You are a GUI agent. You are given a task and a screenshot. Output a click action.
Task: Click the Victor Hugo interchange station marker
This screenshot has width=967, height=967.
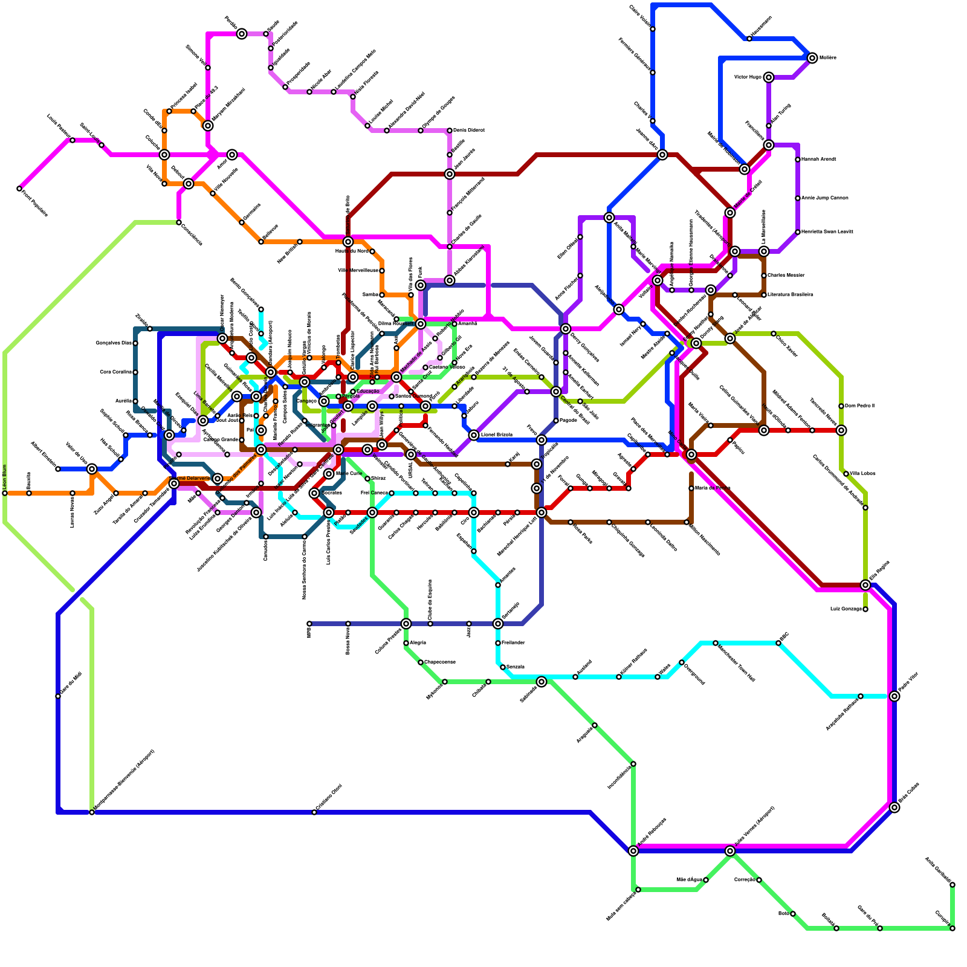tap(768, 77)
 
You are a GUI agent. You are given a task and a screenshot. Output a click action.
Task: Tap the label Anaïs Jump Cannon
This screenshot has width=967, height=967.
tap(825, 198)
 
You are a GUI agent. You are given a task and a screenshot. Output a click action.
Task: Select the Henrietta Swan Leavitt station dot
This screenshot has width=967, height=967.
tap(798, 232)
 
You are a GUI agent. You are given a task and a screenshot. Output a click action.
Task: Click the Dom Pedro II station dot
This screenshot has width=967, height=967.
tap(841, 406)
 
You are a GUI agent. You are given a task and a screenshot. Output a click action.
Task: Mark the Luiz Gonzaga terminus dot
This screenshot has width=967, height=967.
tap(865, 609)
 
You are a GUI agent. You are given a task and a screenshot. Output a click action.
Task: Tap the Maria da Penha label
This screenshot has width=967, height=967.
tap(713, 488)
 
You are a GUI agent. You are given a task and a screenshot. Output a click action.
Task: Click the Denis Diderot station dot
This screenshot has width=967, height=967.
tap(450, 131)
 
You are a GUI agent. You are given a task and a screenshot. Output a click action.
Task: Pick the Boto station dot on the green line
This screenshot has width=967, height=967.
tap(793, 914)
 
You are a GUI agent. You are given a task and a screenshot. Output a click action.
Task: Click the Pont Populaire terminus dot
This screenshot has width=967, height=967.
tap(19, 189)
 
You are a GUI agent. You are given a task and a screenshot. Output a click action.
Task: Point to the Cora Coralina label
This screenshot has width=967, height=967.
tap(115, 372)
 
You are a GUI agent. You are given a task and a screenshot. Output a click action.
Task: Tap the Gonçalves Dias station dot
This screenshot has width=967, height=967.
tap(135, 343)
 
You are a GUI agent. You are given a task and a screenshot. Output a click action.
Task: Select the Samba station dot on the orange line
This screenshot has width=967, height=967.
tap(382, 295)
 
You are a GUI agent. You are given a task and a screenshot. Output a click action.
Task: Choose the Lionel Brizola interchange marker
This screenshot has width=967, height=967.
tap(474, 435)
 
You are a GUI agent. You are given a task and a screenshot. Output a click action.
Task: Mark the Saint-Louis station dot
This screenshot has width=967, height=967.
tap(102, 145)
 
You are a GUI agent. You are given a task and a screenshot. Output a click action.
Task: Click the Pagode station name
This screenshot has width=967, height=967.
tap(569, 421)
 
